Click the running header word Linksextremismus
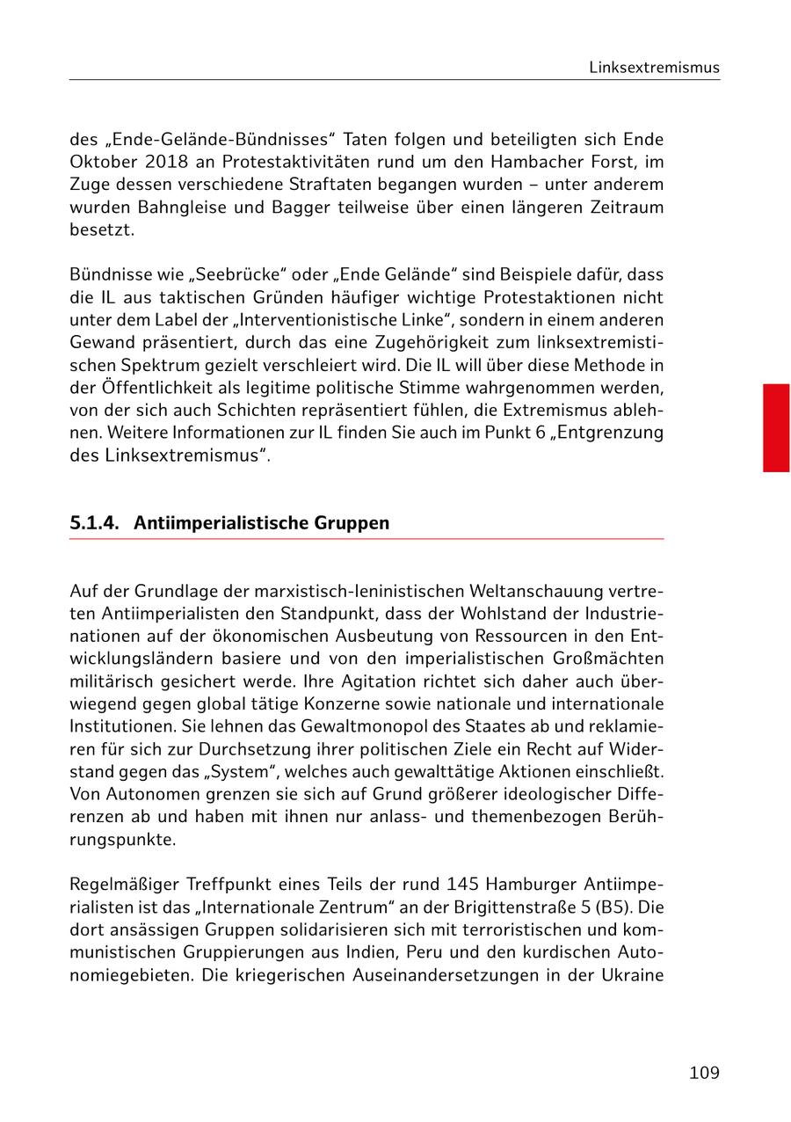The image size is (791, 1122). coord(654,68)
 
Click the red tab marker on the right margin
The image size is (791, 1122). coord(775,427)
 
